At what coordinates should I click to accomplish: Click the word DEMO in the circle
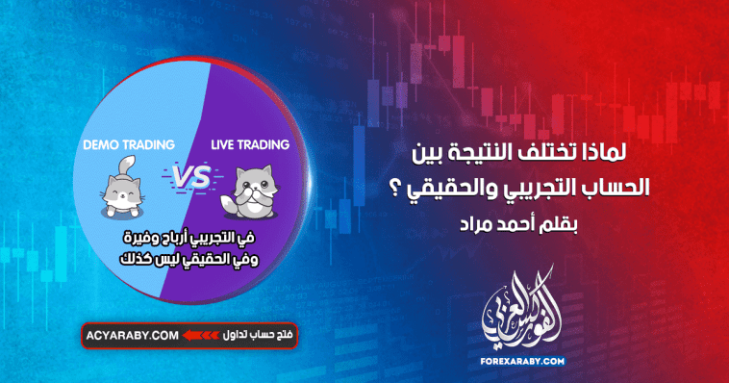click(x=103, y=144)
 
